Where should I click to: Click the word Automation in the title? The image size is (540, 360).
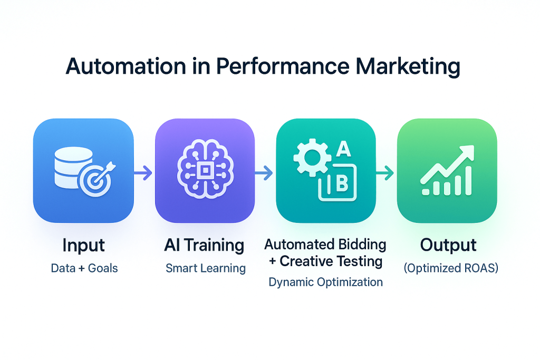tap(126, 66)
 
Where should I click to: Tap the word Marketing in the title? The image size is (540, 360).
tap(408, 67)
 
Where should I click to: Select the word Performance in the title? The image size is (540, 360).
tap(283, 66)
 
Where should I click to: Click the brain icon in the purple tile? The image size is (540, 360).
tap(205, 169)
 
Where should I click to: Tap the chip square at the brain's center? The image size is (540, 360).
tap(205, 170)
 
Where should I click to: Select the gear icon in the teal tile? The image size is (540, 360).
tap(312, 158)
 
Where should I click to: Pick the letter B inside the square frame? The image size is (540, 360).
tap(342, 183)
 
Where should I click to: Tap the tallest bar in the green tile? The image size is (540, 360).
tap(468, 181)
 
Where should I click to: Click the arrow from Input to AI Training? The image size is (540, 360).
tap(143, 173)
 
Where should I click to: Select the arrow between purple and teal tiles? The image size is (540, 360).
tap(264, 173)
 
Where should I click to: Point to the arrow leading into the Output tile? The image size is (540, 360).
tap(384, 173)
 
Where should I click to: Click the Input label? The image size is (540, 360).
tap(84, 246)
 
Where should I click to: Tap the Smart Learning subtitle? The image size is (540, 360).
tap(206, 268)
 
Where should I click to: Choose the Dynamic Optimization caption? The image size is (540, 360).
tap(325, 282)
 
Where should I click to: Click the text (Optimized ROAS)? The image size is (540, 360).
tap(451, 268)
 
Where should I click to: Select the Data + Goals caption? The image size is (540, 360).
tap(84, 268)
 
